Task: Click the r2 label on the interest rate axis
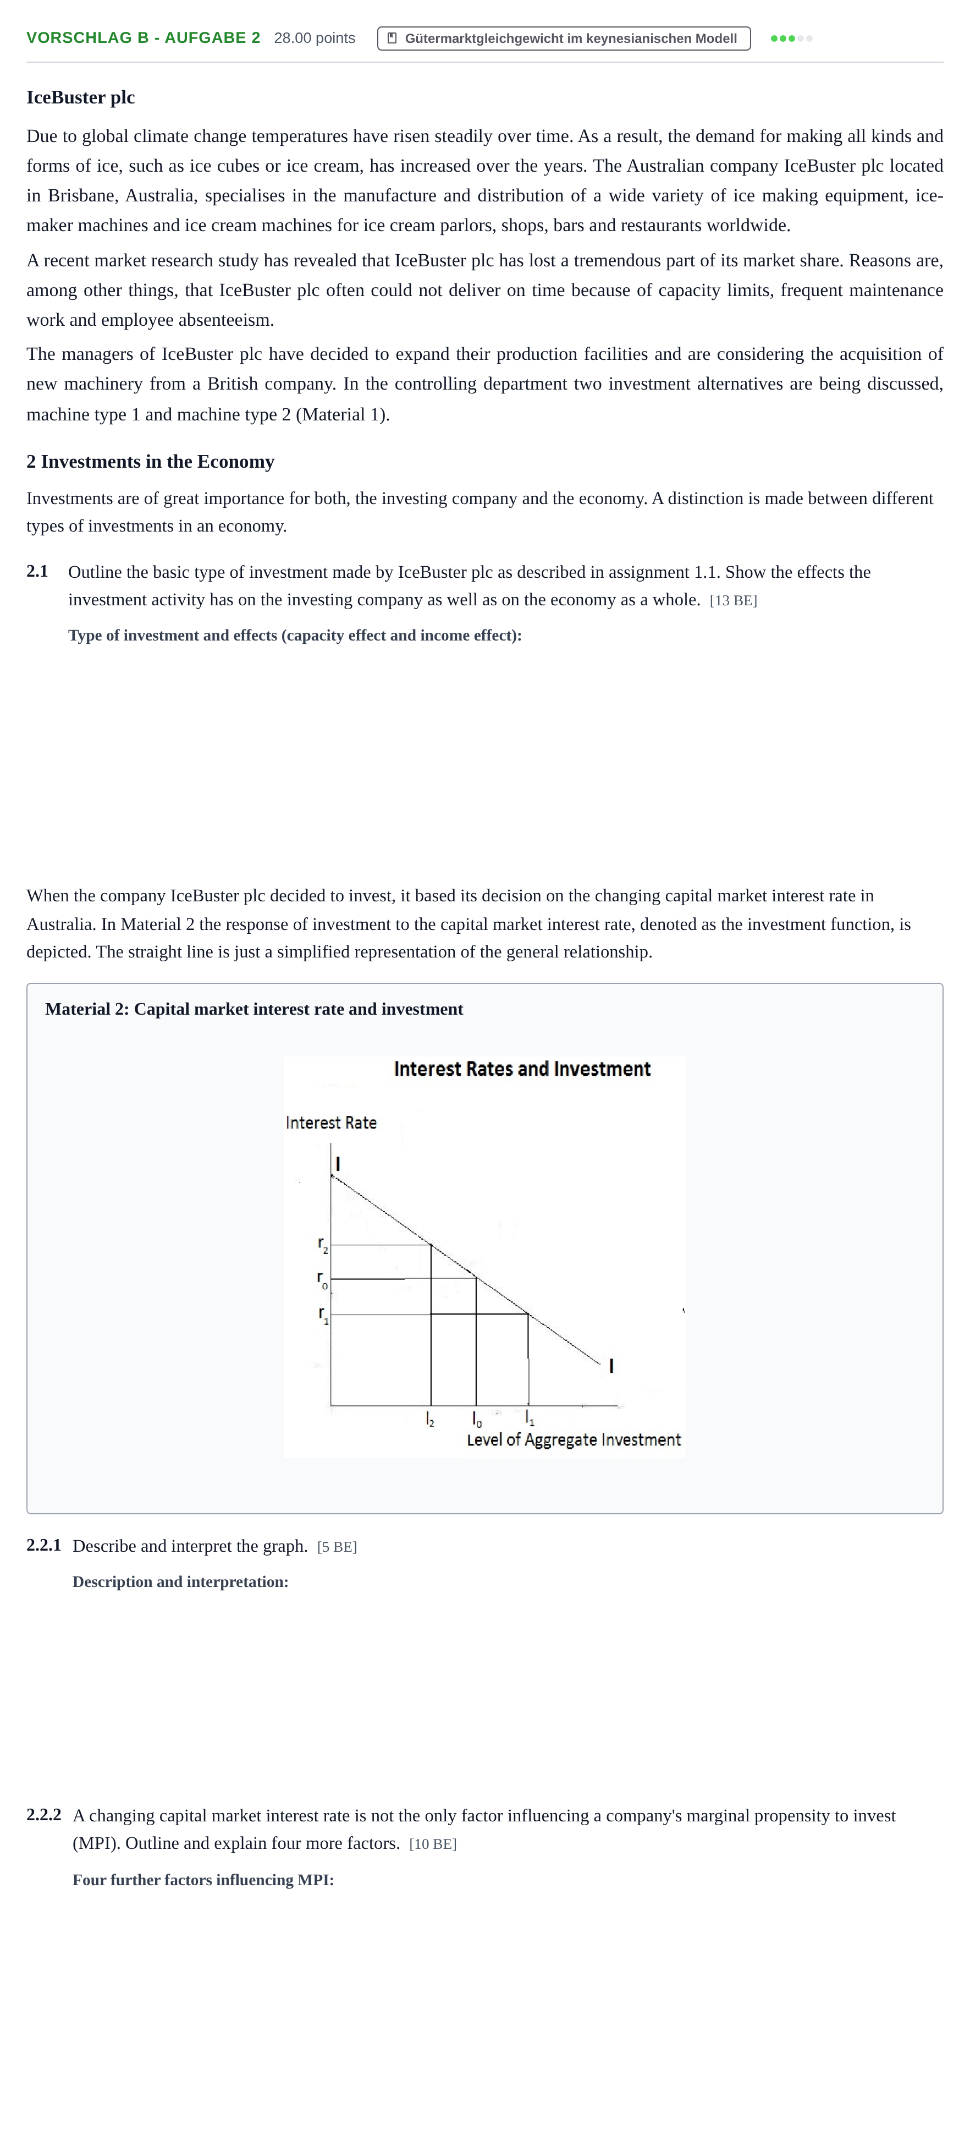point(323,1245)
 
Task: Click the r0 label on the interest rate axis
point(322,1280)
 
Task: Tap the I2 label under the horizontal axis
point(430,1420)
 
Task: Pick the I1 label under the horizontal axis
point(530,1419)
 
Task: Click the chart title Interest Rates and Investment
point(522,1069)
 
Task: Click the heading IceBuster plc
point(80,98)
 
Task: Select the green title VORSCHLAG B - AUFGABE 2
point(144,38)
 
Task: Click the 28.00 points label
point(315,38)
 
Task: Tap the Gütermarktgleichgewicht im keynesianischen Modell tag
point(564,38)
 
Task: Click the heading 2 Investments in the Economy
point(150,462)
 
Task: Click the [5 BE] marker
point(337,1547)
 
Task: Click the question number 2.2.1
point(44,1545)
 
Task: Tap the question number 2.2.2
point(44,1815)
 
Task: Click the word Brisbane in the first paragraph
point(81,195)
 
